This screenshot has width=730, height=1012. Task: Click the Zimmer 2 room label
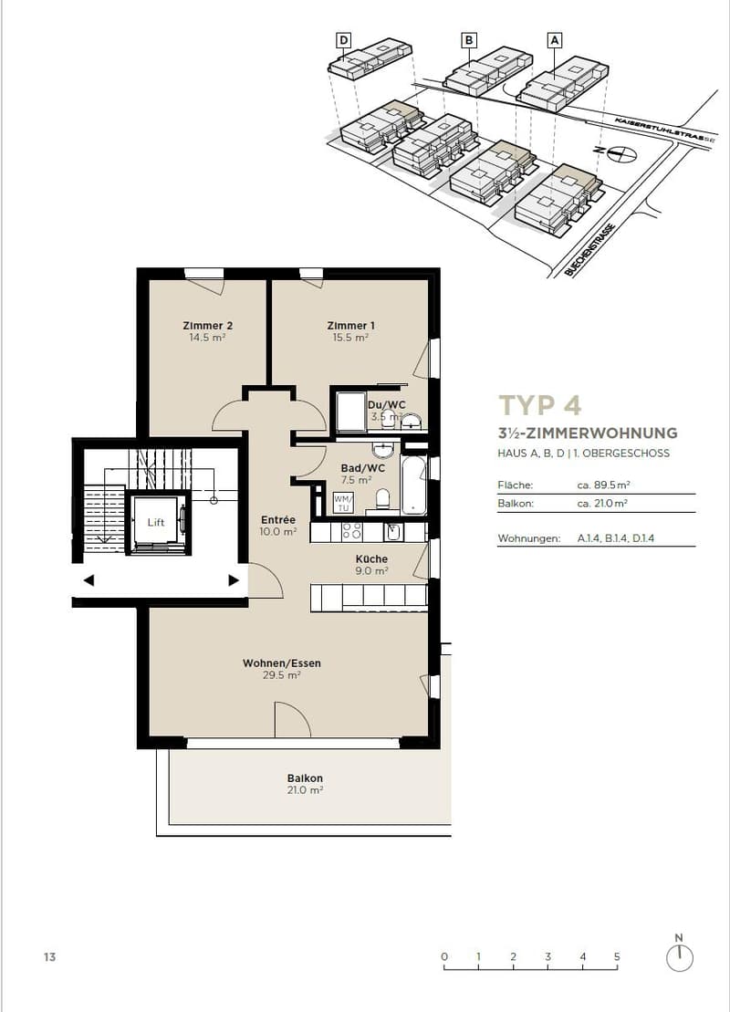[207, 326]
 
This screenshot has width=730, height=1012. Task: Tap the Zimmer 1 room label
[350, 326]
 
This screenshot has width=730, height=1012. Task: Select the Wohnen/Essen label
[281, 662]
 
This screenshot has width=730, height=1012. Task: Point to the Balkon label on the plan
[305, 778]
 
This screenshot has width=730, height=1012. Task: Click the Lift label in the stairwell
[155, 522]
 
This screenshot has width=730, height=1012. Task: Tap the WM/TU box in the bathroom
[341, 503]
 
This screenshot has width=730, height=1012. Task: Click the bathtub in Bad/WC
[413, 486]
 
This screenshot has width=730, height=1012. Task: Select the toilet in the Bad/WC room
[382, 499]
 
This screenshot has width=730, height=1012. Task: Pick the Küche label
[371, 558]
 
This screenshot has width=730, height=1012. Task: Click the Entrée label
[278, 519]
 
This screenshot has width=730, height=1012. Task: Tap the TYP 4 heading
[539, 405]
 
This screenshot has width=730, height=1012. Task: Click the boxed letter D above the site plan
[344, 41]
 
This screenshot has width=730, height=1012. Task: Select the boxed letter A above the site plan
[554, 41]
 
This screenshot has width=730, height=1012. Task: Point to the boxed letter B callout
[469, 41]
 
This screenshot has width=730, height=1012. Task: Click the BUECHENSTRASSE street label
[590, 250]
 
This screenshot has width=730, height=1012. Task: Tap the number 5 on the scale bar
[617, 956]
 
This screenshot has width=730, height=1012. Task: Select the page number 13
[49, 957]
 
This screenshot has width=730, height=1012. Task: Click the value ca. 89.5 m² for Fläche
[603, 485]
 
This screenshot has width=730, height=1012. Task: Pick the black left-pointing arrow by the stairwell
[89, 580]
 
